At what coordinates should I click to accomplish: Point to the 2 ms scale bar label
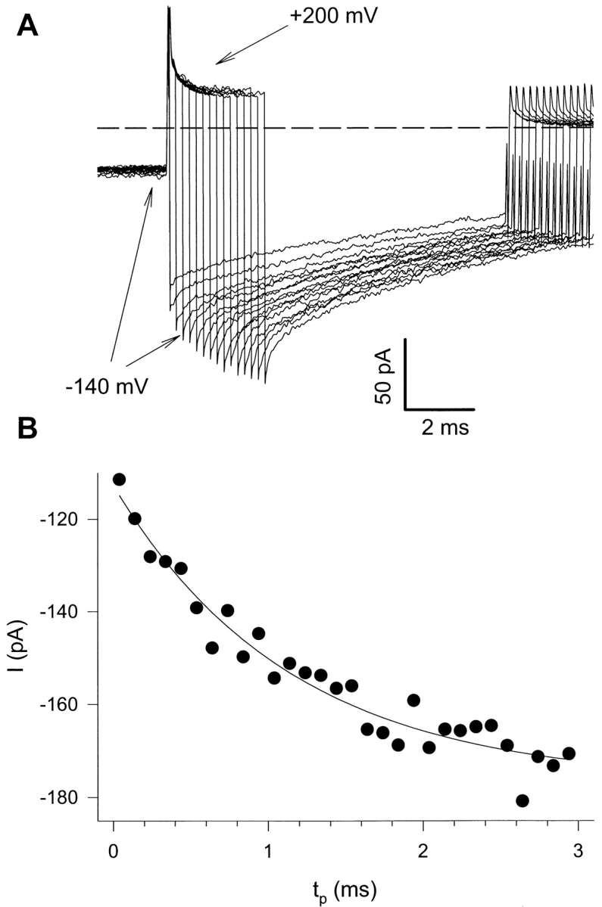[444, 428]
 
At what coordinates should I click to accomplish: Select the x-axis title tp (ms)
[345, 884]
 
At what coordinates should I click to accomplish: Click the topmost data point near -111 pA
[119, 479]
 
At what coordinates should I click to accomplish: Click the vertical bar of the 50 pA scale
[404, 374]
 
